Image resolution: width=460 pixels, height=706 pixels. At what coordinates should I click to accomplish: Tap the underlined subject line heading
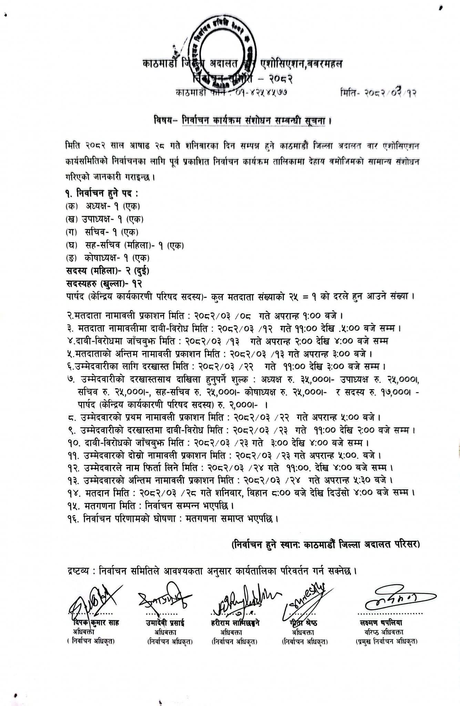click(x=254, y=121)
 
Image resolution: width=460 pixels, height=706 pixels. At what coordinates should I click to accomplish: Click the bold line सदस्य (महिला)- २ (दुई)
click(x=108, y=271)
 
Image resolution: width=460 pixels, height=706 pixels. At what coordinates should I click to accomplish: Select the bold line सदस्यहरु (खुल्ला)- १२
click(x=104, y=283)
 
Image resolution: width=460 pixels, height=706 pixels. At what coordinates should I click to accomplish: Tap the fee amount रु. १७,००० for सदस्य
click(x=391, y=392)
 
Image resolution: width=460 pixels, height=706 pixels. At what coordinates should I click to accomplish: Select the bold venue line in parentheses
click(x=325, y=545)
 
